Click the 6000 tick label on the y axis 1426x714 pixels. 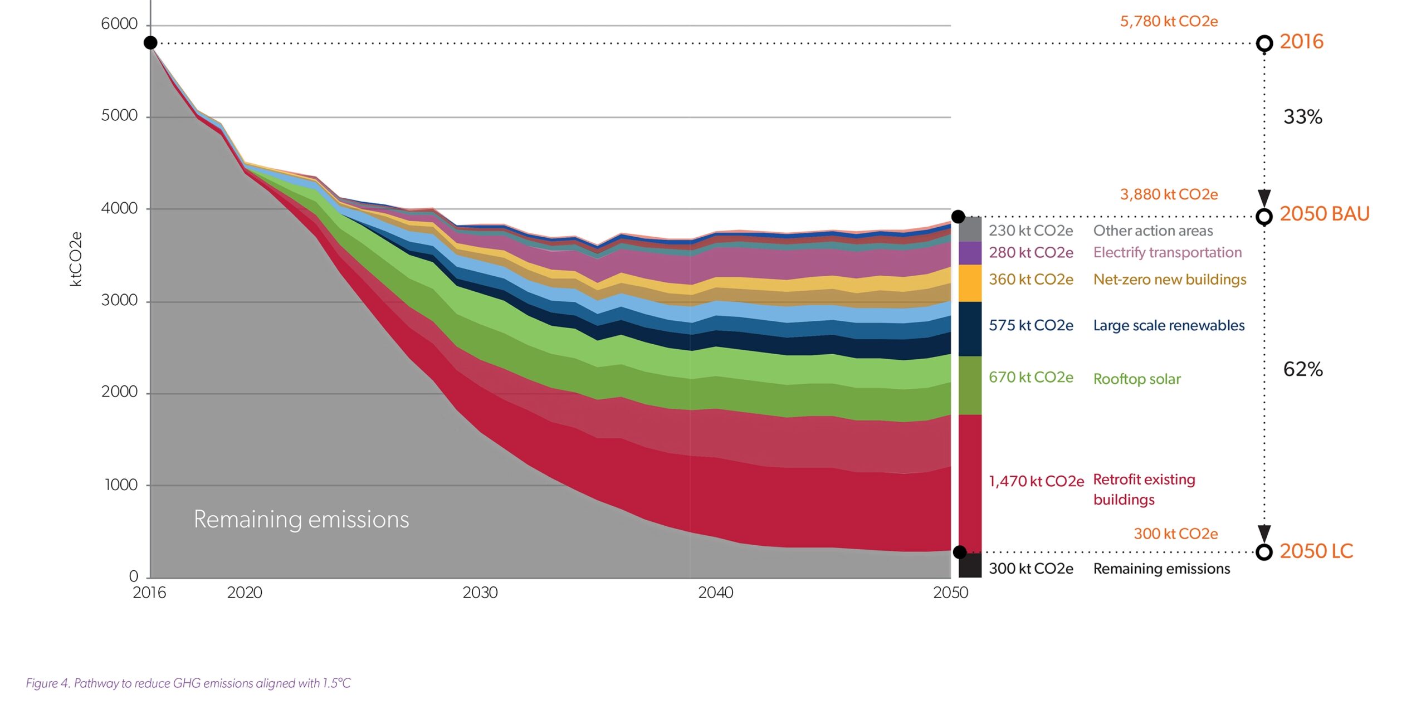[x=119, y=24]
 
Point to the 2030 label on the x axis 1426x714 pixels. [x=480, y=593]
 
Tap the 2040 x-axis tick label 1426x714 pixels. [x=715, y=593]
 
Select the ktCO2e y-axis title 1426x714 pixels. [x=76, y=259]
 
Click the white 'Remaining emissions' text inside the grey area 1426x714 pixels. [x=301, y=520]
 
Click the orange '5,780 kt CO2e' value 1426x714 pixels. [x=1169, y=22]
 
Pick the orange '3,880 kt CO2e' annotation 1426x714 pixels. [x=1169, y=194]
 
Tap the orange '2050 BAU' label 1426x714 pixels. [x=1324, y=214]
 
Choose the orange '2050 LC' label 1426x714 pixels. [x=1316, y=551]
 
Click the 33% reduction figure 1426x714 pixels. [x=1302, y=117]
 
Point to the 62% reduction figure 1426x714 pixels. [x=1302, y=369]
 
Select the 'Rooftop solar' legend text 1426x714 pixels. [x=1136, y=379]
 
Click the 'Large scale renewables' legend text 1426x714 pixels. [x=1169, y=326]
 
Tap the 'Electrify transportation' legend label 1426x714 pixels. [x=1167, y=253]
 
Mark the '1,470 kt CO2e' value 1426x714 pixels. [x=1036, y=481]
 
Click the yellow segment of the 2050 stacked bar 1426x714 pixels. [x=970, y=283]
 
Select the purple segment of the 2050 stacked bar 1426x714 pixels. [x=970, y=253]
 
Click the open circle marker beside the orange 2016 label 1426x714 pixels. [x=1264, y=43]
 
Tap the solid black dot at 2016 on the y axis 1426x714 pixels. [x=150, y=43]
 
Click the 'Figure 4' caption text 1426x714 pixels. [x=188, y=683]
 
